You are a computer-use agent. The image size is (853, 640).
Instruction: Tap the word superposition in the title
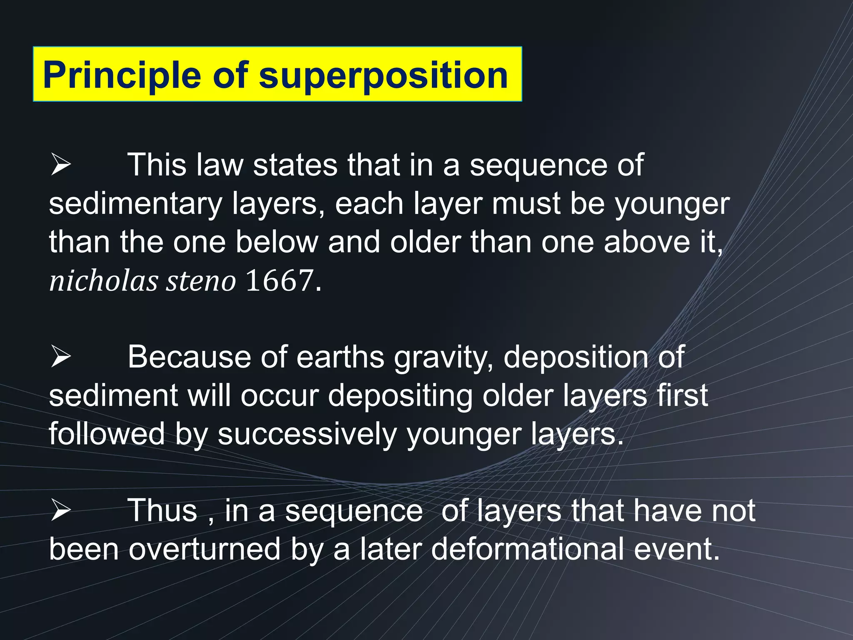[383, 76]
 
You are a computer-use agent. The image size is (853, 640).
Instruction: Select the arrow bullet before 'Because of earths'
[61, 357]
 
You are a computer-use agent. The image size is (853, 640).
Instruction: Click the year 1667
[279, 281]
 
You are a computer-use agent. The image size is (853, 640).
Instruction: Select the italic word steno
[201, 281]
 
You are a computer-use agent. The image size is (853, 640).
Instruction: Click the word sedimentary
[136, 204]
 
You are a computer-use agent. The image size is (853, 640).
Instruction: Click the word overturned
[204, 549]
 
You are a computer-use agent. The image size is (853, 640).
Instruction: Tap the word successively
[307, 434]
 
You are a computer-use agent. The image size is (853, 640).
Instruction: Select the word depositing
[400, 396]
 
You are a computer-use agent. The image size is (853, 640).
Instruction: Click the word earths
[340, 357]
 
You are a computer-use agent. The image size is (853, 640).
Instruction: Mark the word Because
[189, 357]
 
